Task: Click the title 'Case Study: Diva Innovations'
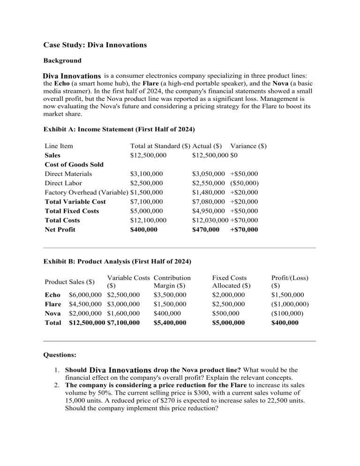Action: (x=95, y=45)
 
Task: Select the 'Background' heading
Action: (x=62, y=60)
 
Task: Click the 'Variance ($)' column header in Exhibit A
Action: (x=248, y=146)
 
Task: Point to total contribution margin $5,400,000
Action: (x=170, y=323)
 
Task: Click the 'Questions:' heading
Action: (x=60, y=355)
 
